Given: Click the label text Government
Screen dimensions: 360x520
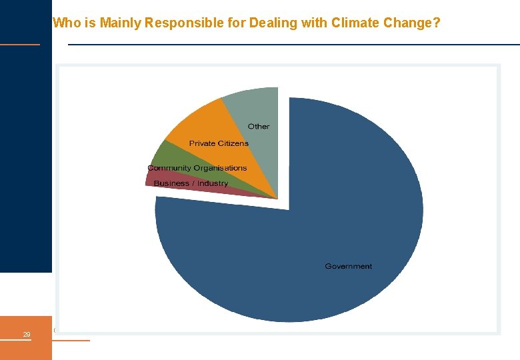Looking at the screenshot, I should pyautogui.click(x=348, y=267).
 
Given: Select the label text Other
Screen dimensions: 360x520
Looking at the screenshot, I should pyautogui.click(x=259, y=127).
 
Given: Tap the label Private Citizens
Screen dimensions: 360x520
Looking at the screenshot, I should pyautogui.click(x=219, y=143).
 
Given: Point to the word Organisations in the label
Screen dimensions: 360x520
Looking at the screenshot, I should pyautogui.click(x=220, y=168).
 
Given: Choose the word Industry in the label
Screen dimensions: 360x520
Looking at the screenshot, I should pyautogui.click(x=213, y=183).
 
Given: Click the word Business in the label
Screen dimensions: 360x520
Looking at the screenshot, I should pyautogui.click(x=171, y=183).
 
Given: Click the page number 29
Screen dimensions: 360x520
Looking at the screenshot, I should pyautogui.click(x=26, y=335).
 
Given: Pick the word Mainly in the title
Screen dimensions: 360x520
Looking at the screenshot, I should pyautogui.click(x=121, y=23).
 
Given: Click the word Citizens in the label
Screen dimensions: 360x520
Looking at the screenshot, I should pyautogui.click(x=233, y=143).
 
